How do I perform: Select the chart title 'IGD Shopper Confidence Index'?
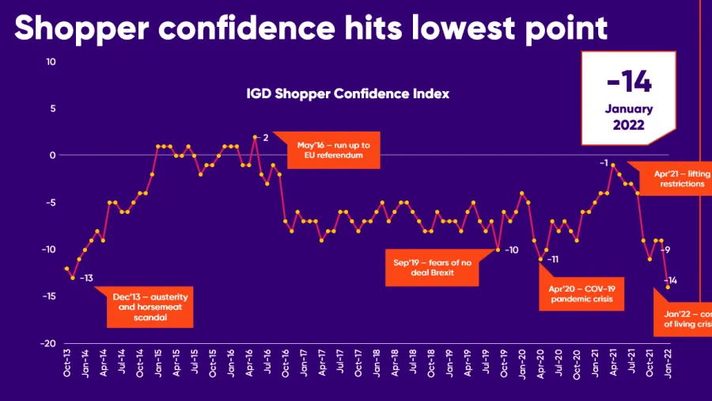pyautogui.click(x=348, y=94)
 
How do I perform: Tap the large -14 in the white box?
pyautogui.click(x=630, y=82)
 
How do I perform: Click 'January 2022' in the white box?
pyautogui.click(x=630, y=117)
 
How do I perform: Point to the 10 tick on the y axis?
pyautogui.click(x=51, y=62)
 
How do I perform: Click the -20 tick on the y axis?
pyautogui.click(x=48, y=343)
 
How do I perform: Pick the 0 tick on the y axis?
pyautogui.click(x=52, y=155)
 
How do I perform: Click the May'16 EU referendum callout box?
pyautogui.click(x=328, y=150)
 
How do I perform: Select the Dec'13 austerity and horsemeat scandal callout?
pyautogui.click(x=150, y=307)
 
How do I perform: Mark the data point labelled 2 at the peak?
pyautogui.click(x=255, y=137)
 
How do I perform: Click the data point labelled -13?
pyautogui.click(x=73, y=277)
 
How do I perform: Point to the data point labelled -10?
pyautogui.click(x=498, y=250)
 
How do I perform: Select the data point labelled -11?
pyautogui.click(x=541, y=258)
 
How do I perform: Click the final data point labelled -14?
pyautogui.click(x=668, y=287)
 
